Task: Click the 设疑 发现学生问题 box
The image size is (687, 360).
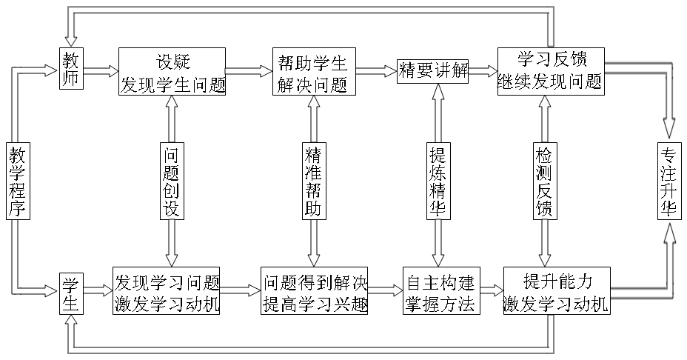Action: pyautogui.click(x=172, y=72)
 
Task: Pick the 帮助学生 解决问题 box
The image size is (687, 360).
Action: pyautogui.click(x=314, y=72)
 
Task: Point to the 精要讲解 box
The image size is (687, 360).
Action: pyautogui.click(x=433, y=71)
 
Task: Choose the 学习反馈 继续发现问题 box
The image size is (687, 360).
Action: pyautogui.click(x=551, y=71)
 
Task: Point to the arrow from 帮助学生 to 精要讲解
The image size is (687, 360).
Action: pyautogui.click(x=377, y=71)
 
